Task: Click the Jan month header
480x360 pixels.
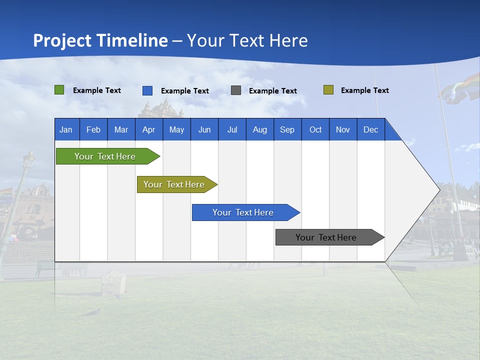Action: [66, 129]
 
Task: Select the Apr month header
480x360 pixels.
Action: [148, 129]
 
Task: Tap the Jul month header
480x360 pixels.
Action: [232, 129]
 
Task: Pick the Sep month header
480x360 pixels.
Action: [287, 129]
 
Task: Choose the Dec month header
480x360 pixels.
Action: [370, 129]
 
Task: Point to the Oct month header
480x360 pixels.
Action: [315, 129]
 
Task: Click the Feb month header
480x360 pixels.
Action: [93, 129]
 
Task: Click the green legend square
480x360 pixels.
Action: [59, 90]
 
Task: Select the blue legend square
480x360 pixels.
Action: [147, 90]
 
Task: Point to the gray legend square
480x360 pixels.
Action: [236, 90]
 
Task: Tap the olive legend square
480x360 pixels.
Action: [328, 90]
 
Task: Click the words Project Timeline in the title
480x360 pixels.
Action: [100, 40]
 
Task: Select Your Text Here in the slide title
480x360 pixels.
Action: [247, 40]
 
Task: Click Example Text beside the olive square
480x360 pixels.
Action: [364, 90]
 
